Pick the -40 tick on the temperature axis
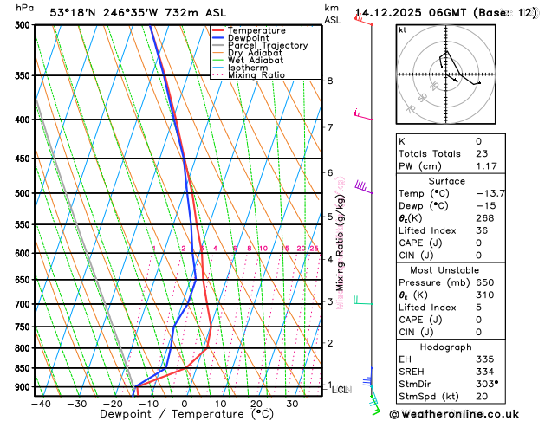(x=40, y=403)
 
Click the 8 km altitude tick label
(x=329, y=81)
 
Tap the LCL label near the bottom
(x=341, y=390)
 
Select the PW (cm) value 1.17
(x=485, y=166)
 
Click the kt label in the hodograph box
(x=402, y=29)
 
